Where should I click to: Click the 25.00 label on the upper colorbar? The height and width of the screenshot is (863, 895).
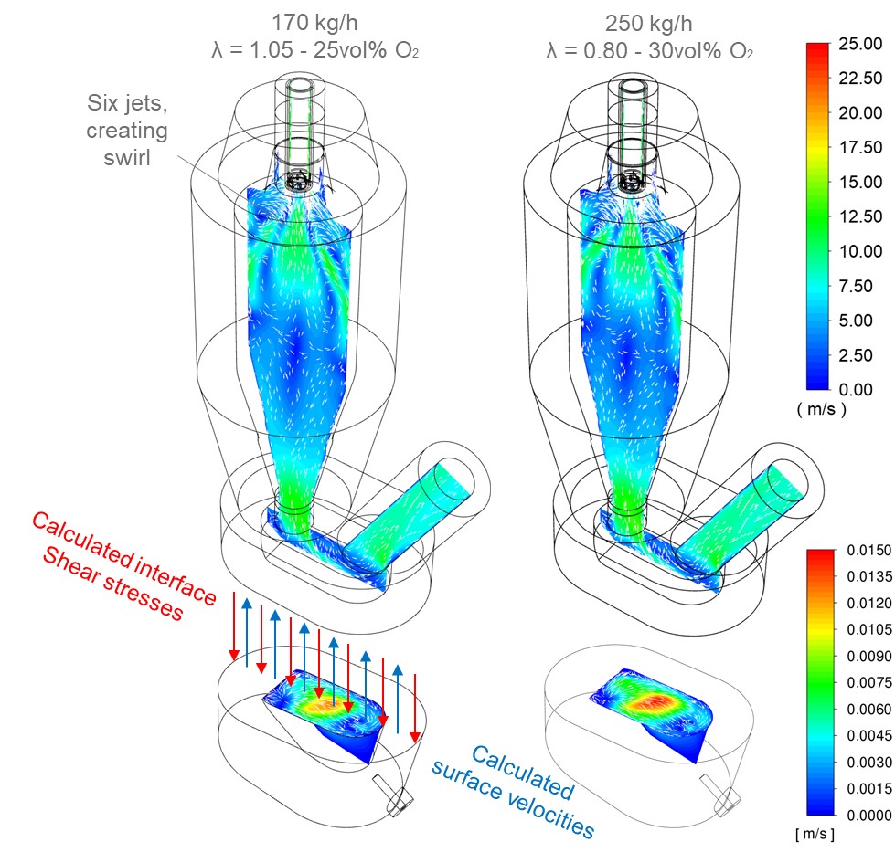(860, 44)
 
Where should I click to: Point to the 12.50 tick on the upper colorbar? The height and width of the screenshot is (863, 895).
(860, 216)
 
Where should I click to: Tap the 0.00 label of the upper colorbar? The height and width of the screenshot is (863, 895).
(856, 389)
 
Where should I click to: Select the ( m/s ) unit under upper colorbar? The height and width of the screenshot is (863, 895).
(821, 409)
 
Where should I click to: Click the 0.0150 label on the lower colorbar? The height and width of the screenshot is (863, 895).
(868, 550)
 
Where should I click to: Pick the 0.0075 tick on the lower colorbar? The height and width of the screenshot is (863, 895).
(868, 682)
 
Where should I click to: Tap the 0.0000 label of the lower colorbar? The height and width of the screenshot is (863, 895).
(868, 816)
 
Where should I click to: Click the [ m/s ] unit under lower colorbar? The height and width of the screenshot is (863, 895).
(815, 834)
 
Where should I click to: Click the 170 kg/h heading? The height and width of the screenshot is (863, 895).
(314, 23)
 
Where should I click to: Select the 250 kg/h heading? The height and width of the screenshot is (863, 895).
(648, 24)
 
